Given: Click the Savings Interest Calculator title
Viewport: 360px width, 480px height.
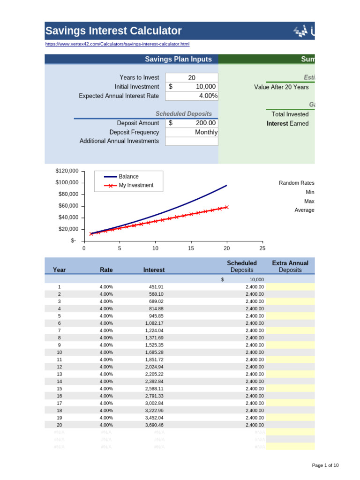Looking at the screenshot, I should pos(113,31).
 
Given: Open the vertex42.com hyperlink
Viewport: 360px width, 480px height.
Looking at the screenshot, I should pos(117,44).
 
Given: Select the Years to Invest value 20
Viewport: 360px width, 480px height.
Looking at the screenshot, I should pos(192,77).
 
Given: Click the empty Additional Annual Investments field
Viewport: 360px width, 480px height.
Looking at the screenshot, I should pos(192,141).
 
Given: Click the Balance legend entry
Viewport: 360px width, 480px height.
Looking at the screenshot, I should pos(128,177).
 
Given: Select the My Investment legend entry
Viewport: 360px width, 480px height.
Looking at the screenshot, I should pos(136,185).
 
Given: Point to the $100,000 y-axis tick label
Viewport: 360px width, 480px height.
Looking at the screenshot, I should pos(67,182).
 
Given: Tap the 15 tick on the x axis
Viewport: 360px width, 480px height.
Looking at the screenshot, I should pos(191,248).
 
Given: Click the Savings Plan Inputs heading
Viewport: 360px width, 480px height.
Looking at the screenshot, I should pos(178,59).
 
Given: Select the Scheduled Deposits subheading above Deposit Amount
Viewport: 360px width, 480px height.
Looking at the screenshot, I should pos(183,114).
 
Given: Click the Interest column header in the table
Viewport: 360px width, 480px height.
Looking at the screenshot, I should pos(154,270).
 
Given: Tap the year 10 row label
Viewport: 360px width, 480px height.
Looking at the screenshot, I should pos(60,352).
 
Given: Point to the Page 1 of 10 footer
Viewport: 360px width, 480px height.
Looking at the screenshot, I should pos(325,465).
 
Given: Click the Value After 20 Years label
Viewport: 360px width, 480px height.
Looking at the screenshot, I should pos(281,87).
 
